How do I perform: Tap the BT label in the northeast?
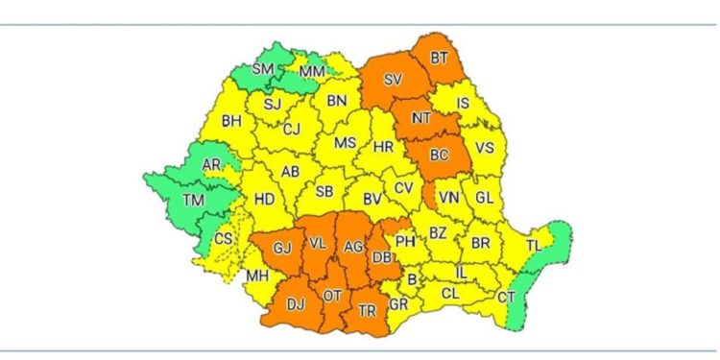pos(440,59)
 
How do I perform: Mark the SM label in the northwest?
pos(263,69)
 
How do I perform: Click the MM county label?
pos(313,72)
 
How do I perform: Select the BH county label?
pos(231,122)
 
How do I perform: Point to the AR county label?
pos(211,165)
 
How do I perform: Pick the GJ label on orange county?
pos(282,249)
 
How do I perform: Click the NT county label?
pos(420,118)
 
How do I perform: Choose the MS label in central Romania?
pos(345,143)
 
